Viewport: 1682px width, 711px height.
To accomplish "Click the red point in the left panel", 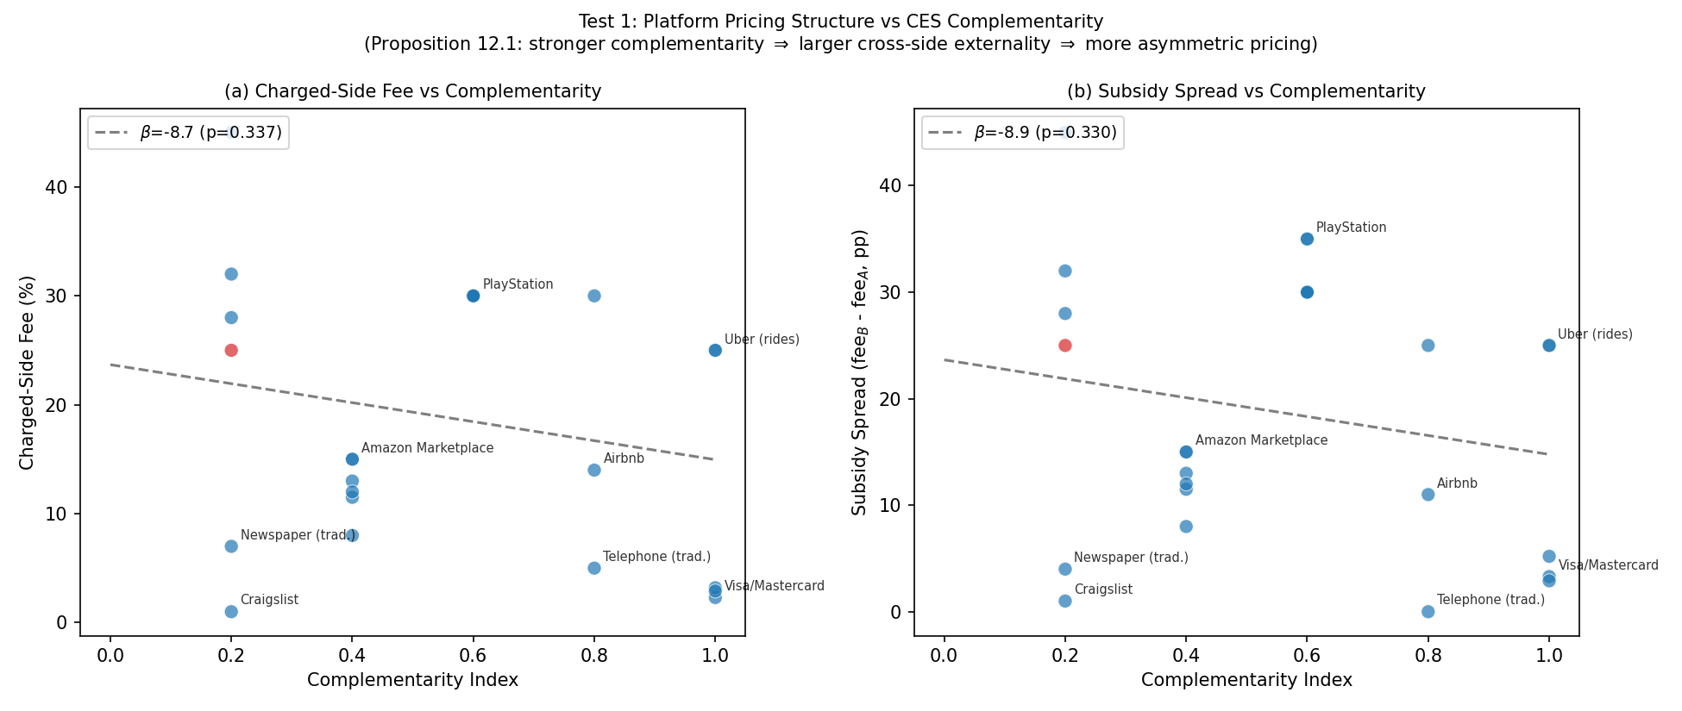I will pyautogui.click(x=231, y=350).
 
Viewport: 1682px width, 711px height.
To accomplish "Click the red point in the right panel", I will pyautogui.click(x=1065, y=346).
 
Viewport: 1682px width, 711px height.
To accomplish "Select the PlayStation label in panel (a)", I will pyautogui.click(x=518, y=284).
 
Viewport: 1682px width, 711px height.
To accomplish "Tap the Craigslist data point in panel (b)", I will pyautogui.click(x=1065, y=601).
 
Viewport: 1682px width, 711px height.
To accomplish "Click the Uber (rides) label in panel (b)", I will pyautogui.click(x=1595, y=334).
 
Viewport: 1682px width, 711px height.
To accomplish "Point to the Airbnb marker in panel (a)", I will pyautogui.click(x=594, y=470).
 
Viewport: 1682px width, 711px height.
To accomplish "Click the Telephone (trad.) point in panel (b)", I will pyautogui.click(x=1428, y=612).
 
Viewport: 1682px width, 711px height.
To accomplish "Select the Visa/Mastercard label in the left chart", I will pyautogui.click(x=774, y=586).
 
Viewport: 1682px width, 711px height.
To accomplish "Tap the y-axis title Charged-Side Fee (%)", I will pyautogui.click(x=27, y=372).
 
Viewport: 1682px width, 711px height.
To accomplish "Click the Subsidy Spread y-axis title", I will pyautogui.click(x=860, y=372).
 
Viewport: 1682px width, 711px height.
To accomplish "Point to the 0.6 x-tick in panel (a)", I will pyautogui.click(x=473, y=655).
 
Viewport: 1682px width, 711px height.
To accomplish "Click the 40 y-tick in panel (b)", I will pyautogui.click(x=890, y=186).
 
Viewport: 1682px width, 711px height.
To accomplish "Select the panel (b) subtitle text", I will pyautogui.click(x=1246, y=91).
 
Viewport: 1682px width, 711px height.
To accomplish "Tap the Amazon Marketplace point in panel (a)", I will pyautogui.click(x=352, y=459).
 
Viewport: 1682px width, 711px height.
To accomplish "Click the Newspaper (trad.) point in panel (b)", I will pyautogui.click(x=1065, y=569).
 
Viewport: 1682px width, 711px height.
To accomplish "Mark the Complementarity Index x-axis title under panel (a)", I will pyautogui.click(x=412, y=680).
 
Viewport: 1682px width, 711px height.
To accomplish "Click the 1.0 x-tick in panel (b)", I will pyautogui.click(x=1549, y=655).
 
